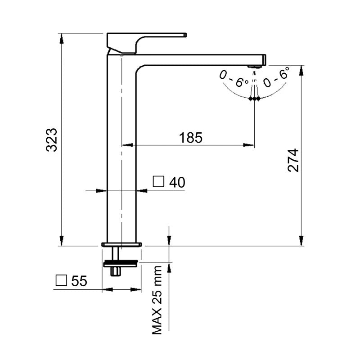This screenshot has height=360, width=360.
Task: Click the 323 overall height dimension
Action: click(x=51, y=140)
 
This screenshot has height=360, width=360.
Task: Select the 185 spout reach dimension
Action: click(x=190, y=138)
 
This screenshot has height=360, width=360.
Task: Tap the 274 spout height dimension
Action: click(x=293, y=161)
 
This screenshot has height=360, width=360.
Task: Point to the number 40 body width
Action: click(x=177, y=182)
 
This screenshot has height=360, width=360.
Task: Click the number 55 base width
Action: click(x=79, y=280)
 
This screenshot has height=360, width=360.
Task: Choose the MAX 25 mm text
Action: click(x=157, y=300)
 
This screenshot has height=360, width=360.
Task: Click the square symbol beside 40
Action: click(x=158, y=182)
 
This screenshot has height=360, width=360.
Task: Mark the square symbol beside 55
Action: click(x=61, y=280)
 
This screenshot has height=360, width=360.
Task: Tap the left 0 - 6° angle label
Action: click(x=233, y=79)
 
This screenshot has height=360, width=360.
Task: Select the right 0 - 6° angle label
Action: click(x=276, y=76)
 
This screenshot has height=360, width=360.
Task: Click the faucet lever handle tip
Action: click(x=185, y=35)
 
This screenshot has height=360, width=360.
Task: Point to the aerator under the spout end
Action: click(x=254, y=67)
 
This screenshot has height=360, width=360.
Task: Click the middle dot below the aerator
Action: click(x=254, y=99)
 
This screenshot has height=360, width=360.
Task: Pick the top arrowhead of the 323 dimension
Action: click(x=61, y=38)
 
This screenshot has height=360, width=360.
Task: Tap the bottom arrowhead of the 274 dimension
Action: click(x=301, y=241)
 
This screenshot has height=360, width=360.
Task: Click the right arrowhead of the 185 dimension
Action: click(x=249, y=145)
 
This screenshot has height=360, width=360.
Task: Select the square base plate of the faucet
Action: click(x=121, y=244)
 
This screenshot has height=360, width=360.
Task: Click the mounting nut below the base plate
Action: click(x=121, y=264)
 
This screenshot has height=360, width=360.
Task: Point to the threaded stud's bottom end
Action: click(x=116, y=275)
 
